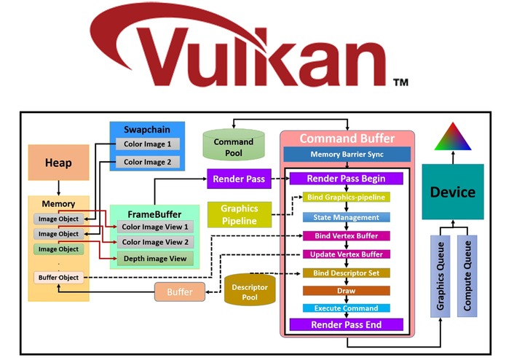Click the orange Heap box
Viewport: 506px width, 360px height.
(x=58, y=163)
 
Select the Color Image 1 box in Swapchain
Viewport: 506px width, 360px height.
(x=148, y=144)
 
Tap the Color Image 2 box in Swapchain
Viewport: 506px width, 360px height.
(x=148, y=162)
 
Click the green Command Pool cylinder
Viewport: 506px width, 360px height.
(x=234, y=144)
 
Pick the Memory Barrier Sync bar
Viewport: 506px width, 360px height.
(x=347, y=154)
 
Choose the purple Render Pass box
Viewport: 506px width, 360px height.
(x=239, y=179)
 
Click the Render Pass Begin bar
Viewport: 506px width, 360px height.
(x=347, y=179)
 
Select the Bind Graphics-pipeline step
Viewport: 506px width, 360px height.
(x=347, y=197)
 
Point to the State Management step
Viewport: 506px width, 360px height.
(x=347, y=217)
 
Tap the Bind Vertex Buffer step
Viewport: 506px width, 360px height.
(x=347, y=235)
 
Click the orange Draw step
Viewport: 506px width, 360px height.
(x=347, y=291)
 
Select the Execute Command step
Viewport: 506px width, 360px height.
(x=347, y=308)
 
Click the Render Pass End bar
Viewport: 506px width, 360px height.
(x=347, y=324)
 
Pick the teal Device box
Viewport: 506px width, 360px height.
(x=453, y=192)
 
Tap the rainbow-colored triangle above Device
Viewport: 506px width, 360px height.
(x=453, y=137)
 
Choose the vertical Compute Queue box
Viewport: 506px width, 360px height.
(x=467, y=276)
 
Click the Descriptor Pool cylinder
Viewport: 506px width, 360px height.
(x=250, y=289)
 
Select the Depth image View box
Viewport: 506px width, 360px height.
(x=155, y=259)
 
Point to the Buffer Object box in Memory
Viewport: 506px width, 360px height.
(x=58, y=278)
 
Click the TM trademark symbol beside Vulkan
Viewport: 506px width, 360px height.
(x=401, y=82)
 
